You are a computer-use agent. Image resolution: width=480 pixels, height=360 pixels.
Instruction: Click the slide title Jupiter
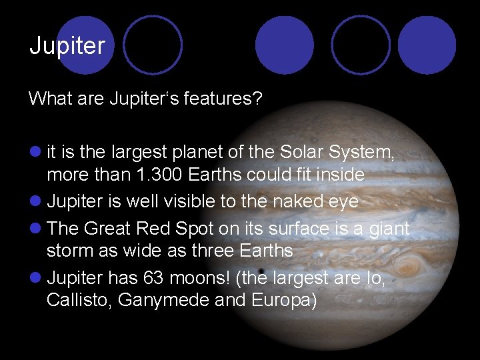pyautogui.click(x=67, y=46)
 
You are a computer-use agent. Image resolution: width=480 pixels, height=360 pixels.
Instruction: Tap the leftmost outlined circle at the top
pyautogui.click(x=153, y=45)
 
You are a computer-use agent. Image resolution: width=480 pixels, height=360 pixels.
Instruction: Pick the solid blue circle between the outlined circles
pyautogui.click(x=284, y=45)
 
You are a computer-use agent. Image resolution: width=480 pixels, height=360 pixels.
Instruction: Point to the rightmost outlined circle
pyautogui.click(x=361, y=45)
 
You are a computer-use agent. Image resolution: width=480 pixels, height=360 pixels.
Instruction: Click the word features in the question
pyautogui.click(x=225, y=99)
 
